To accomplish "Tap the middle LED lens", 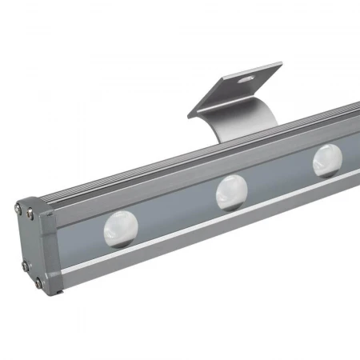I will pos(232,192).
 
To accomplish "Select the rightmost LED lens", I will pos(328,161).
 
